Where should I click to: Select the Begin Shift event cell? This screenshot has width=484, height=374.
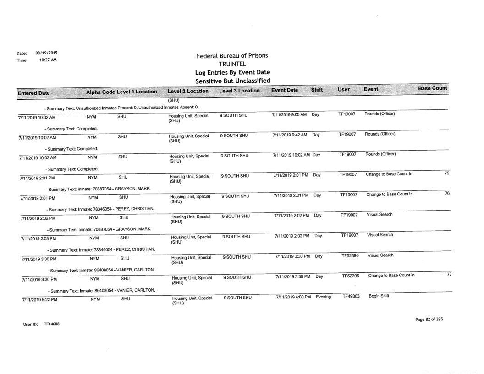click(374, 297)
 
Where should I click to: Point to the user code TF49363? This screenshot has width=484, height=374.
click(348, 297)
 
